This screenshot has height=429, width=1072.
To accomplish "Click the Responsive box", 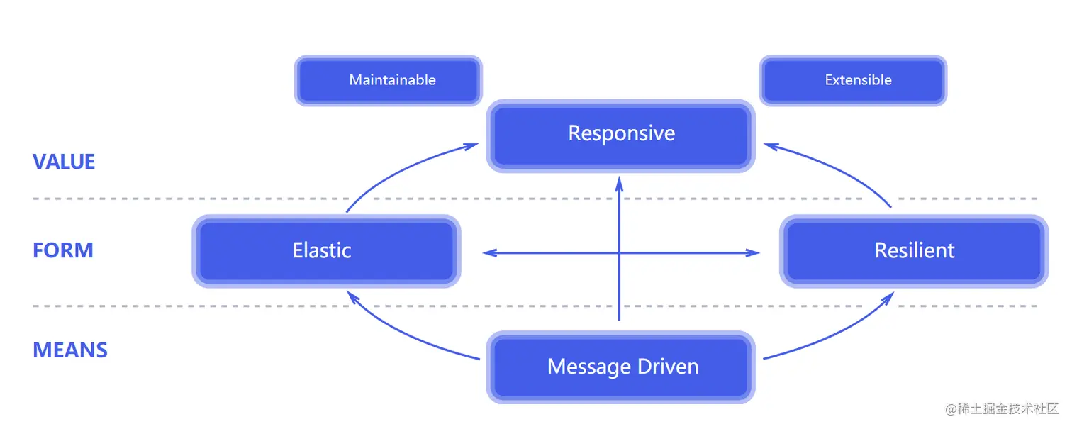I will pos(621,135).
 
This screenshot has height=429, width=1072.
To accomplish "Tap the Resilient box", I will pos(914,251).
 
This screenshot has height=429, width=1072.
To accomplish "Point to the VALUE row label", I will pos(64,162).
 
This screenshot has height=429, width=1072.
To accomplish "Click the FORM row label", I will pos(63,250).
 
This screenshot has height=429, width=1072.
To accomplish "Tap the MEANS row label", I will pos(70,350).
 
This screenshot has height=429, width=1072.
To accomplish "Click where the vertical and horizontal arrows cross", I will pos(619,252).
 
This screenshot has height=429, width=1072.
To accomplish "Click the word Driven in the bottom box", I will pos(666,367).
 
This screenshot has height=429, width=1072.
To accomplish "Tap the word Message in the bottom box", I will pos(586,367).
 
